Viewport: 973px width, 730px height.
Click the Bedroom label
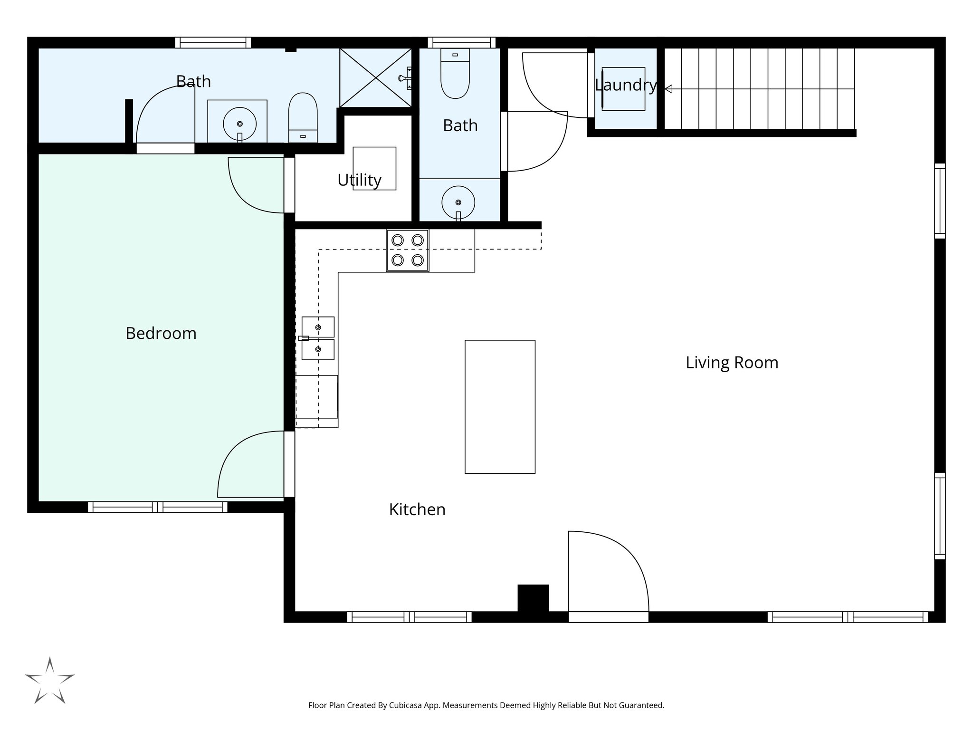(161, 334)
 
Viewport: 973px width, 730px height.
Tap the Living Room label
(732, 363)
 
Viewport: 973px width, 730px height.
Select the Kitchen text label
(417, 510)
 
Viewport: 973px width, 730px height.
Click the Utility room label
(359, 181)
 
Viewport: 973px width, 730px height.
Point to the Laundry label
(625, 86)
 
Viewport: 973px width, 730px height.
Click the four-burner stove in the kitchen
(408, 250)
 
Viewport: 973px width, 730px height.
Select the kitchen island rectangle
(500, 407)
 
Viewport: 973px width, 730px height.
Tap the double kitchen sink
(318, 338)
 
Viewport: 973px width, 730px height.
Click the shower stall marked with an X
(375, 77)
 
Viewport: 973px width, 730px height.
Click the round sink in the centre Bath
(458, 202)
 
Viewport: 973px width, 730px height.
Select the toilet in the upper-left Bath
(303, 116)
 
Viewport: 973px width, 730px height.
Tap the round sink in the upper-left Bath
(239, 124)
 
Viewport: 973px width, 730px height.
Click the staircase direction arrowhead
(668, 89)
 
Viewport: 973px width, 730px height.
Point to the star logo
(49, 682)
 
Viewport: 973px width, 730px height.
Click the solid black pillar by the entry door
(533, 598)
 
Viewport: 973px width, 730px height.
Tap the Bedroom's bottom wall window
(157, 507)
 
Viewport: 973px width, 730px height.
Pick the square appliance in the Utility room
(374, 169)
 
